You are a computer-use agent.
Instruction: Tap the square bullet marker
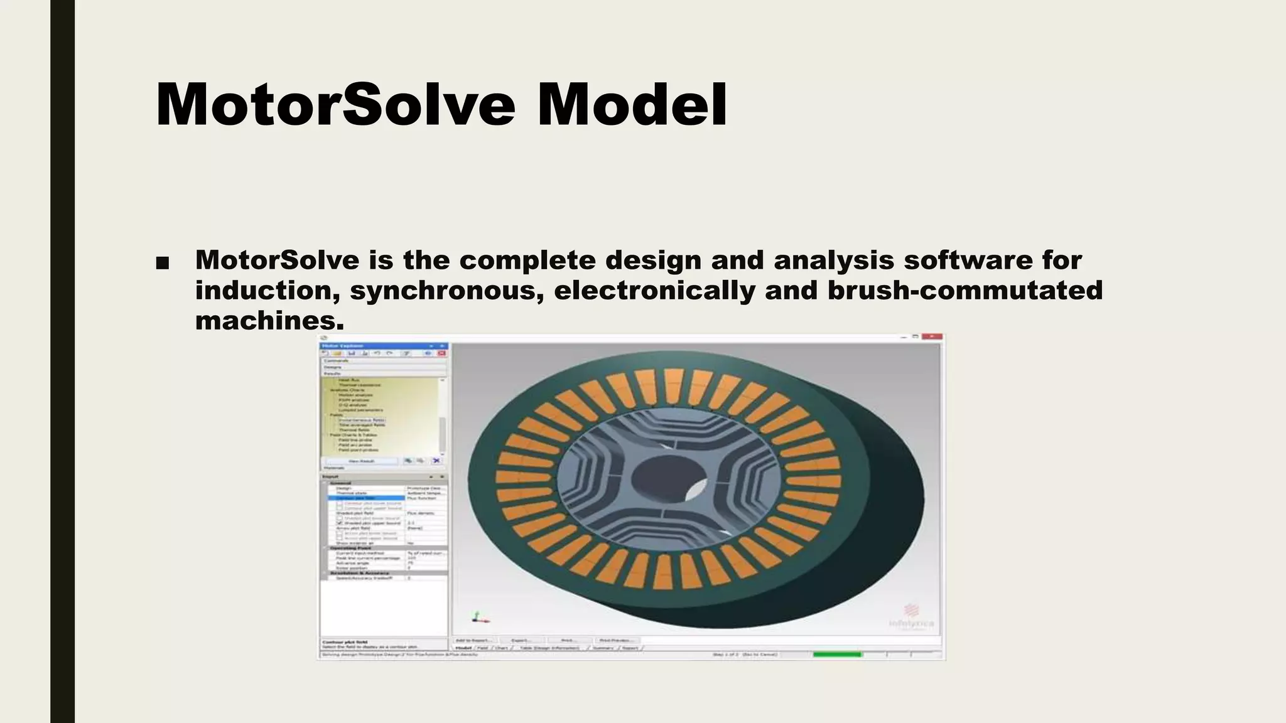pyautogui.click(x=162, y=263)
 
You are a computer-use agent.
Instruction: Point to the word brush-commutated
pyautogui.click(x=964, y=291)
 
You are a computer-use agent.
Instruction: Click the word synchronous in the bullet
pyautogui.click(x=446, y=291)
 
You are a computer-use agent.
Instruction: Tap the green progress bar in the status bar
pyautogui.click(x=837, y=655)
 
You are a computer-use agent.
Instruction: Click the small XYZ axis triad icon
pyautogui.click(x=479, y=618)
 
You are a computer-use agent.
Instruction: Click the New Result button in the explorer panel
pyautogui.click(x=361, y=461)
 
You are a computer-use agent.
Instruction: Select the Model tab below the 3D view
pyautogui.click(x=463, y=648)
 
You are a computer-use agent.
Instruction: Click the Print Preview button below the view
pyautogui.click(x=614, y=640)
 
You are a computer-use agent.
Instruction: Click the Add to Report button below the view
pyautogui.click(x=473, y=640)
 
